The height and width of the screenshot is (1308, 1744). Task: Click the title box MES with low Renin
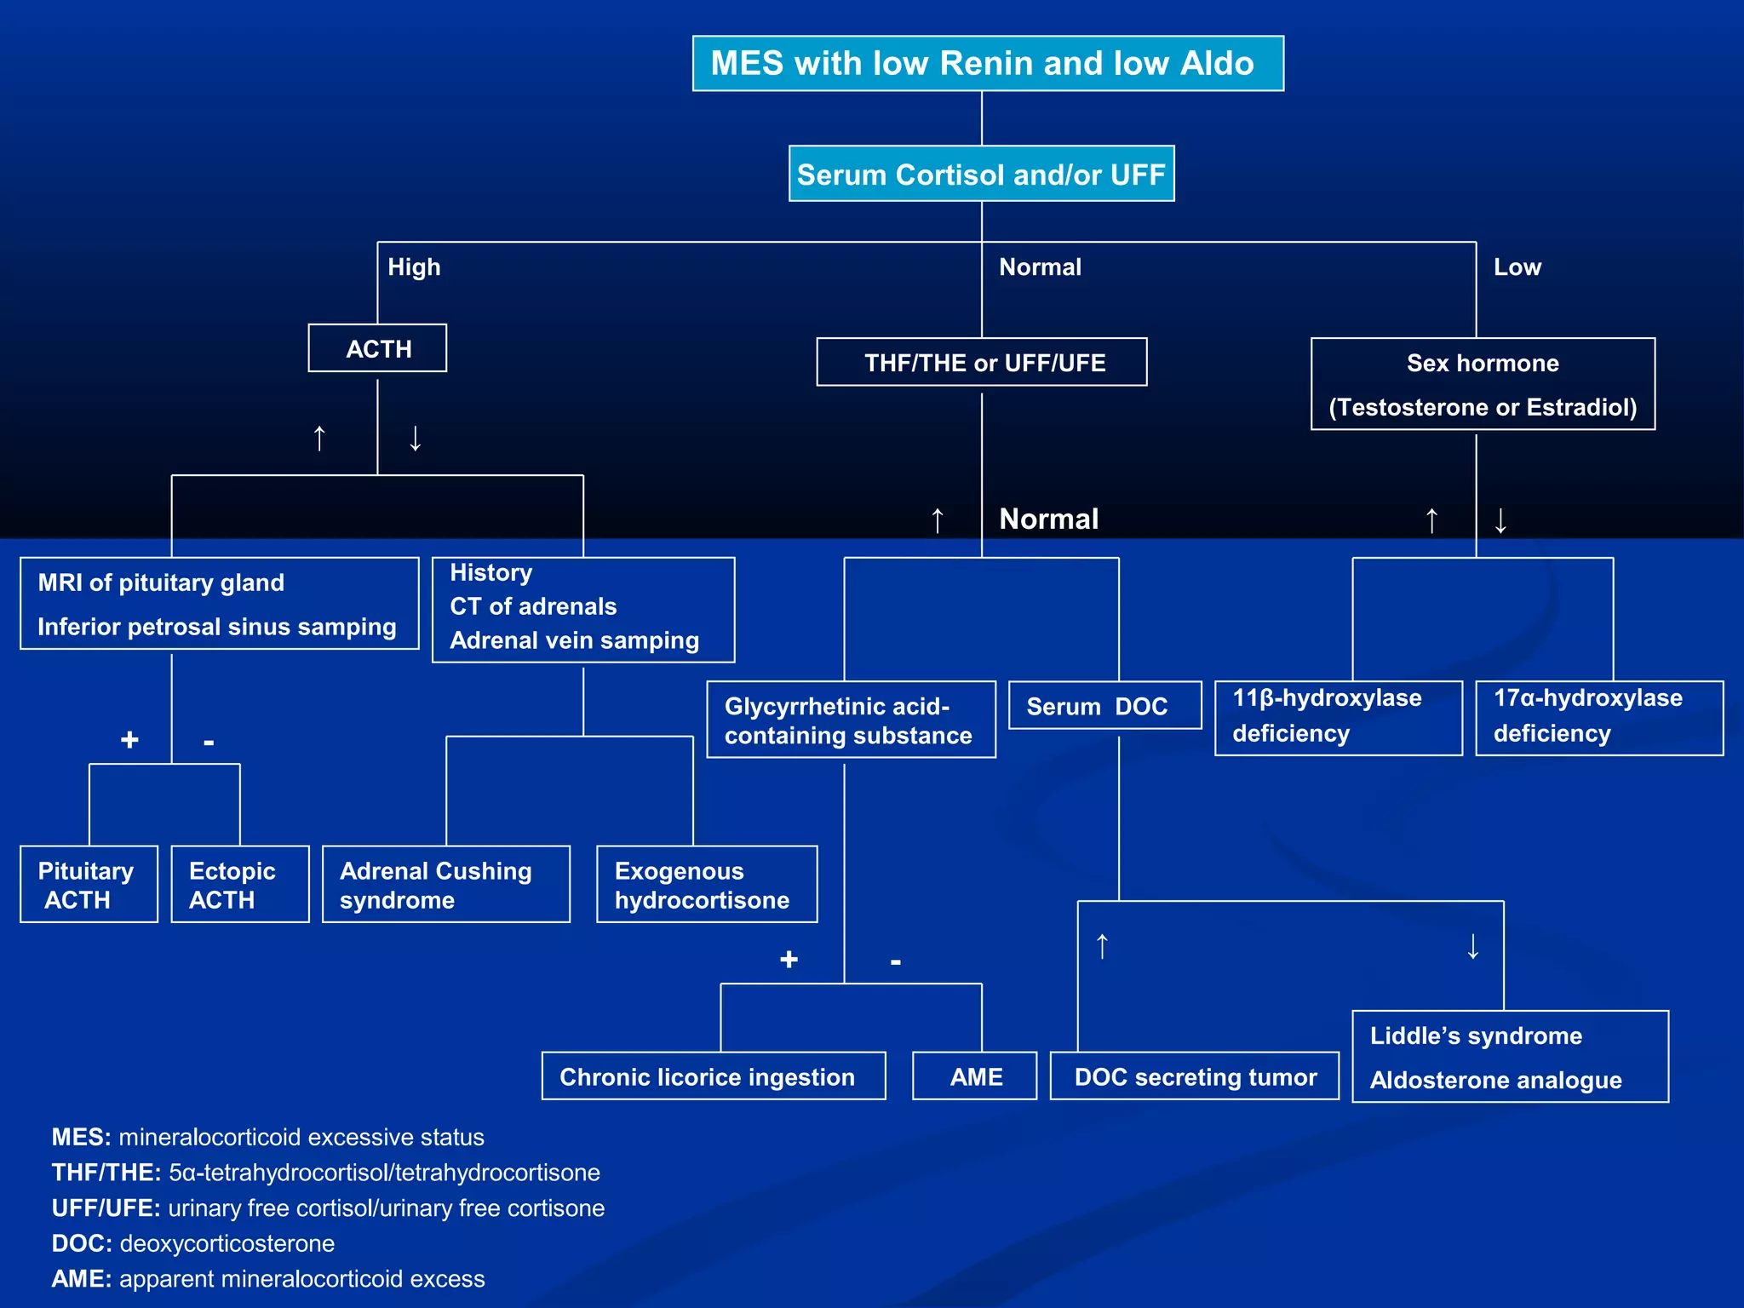pyautogui.click(x=987, y=64)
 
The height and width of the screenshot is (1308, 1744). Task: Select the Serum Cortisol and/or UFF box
pyautogui.click(x=981, y=175)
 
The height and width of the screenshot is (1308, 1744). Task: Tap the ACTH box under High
pyautogui.click(x=377, y=348)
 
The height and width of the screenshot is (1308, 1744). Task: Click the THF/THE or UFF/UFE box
pyautogui.click(x=982, y=363)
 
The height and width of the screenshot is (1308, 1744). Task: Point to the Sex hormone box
pyautogui.click(x=1483, y=384)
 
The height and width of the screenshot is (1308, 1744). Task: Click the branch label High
pyautogui.click(x=414, y=267)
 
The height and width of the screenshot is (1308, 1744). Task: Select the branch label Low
pyautogui.click(x=1517, y=267)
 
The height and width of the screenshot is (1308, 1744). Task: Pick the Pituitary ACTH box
pyautogui.click(x=89, y=885)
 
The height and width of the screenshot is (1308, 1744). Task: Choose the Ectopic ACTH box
pyautogui.click(x=239, y=885)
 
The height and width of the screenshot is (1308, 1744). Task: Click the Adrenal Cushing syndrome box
pyautogui.click(x=445, y=885)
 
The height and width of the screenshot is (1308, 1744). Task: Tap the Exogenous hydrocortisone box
pyautogui.click(x=706, y=885)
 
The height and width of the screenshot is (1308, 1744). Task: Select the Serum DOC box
pyautogui.click(x=1104, y=706)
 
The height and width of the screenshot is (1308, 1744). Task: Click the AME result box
pyautogui.click(x=975, y=1076)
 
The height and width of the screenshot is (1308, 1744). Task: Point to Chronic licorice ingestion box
pyautogui.click(x=713, y=1076)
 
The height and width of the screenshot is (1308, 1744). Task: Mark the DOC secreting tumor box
pyautogui.click(x=1194, y=1076)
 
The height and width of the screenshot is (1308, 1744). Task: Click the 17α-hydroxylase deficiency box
pyautogui.click(x=1598, y=717)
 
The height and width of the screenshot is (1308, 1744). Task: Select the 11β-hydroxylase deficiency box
pyautogui.click(x=1338, y=717)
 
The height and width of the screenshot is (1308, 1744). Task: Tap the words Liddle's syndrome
pyautogui.click(x=1476, y=1035)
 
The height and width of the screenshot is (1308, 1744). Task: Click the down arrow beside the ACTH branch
pyautogui.click(x=415, y=438)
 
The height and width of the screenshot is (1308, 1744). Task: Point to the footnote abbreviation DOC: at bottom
pyautogui.click(x=82, y=1243)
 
